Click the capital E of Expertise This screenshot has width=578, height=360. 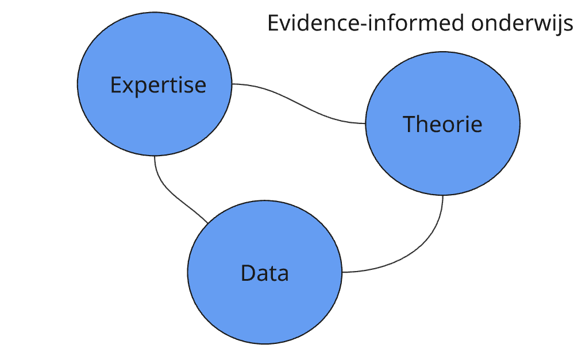[116, 85]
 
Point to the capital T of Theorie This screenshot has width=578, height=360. [409, 124]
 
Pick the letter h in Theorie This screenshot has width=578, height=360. [423, 123]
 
